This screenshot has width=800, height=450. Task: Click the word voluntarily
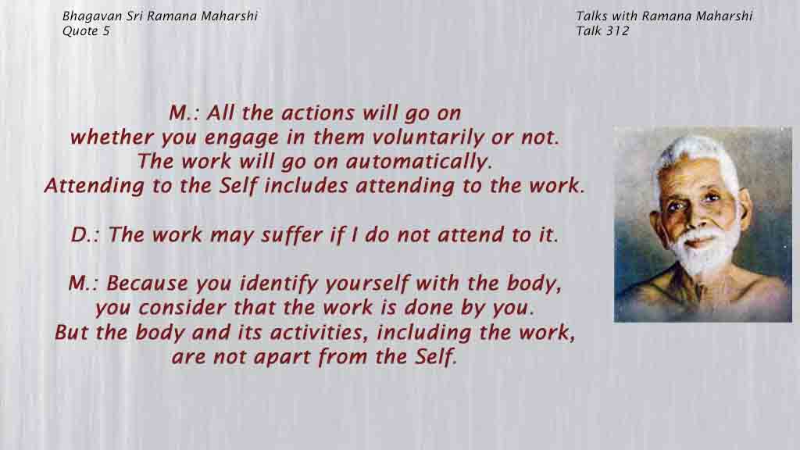[x=427, y=137]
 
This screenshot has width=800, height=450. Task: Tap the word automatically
[x=419, y=162]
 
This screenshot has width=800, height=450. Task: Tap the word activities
[x=319, y=332]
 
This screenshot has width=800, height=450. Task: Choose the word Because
[x=147, y=283]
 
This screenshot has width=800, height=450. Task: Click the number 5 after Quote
[x=106, y=30]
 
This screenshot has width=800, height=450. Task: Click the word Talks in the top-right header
[x=592, y=16]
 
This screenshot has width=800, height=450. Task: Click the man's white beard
[x=704, y=253]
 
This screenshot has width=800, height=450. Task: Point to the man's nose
[x=694, y=218]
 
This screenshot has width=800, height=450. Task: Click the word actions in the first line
[x=318, y=113]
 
